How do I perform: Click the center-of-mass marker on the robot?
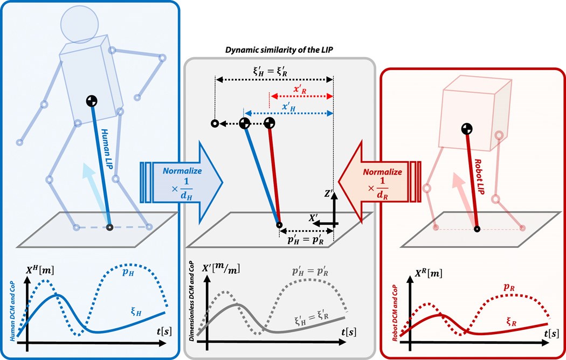tap(467, 129)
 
